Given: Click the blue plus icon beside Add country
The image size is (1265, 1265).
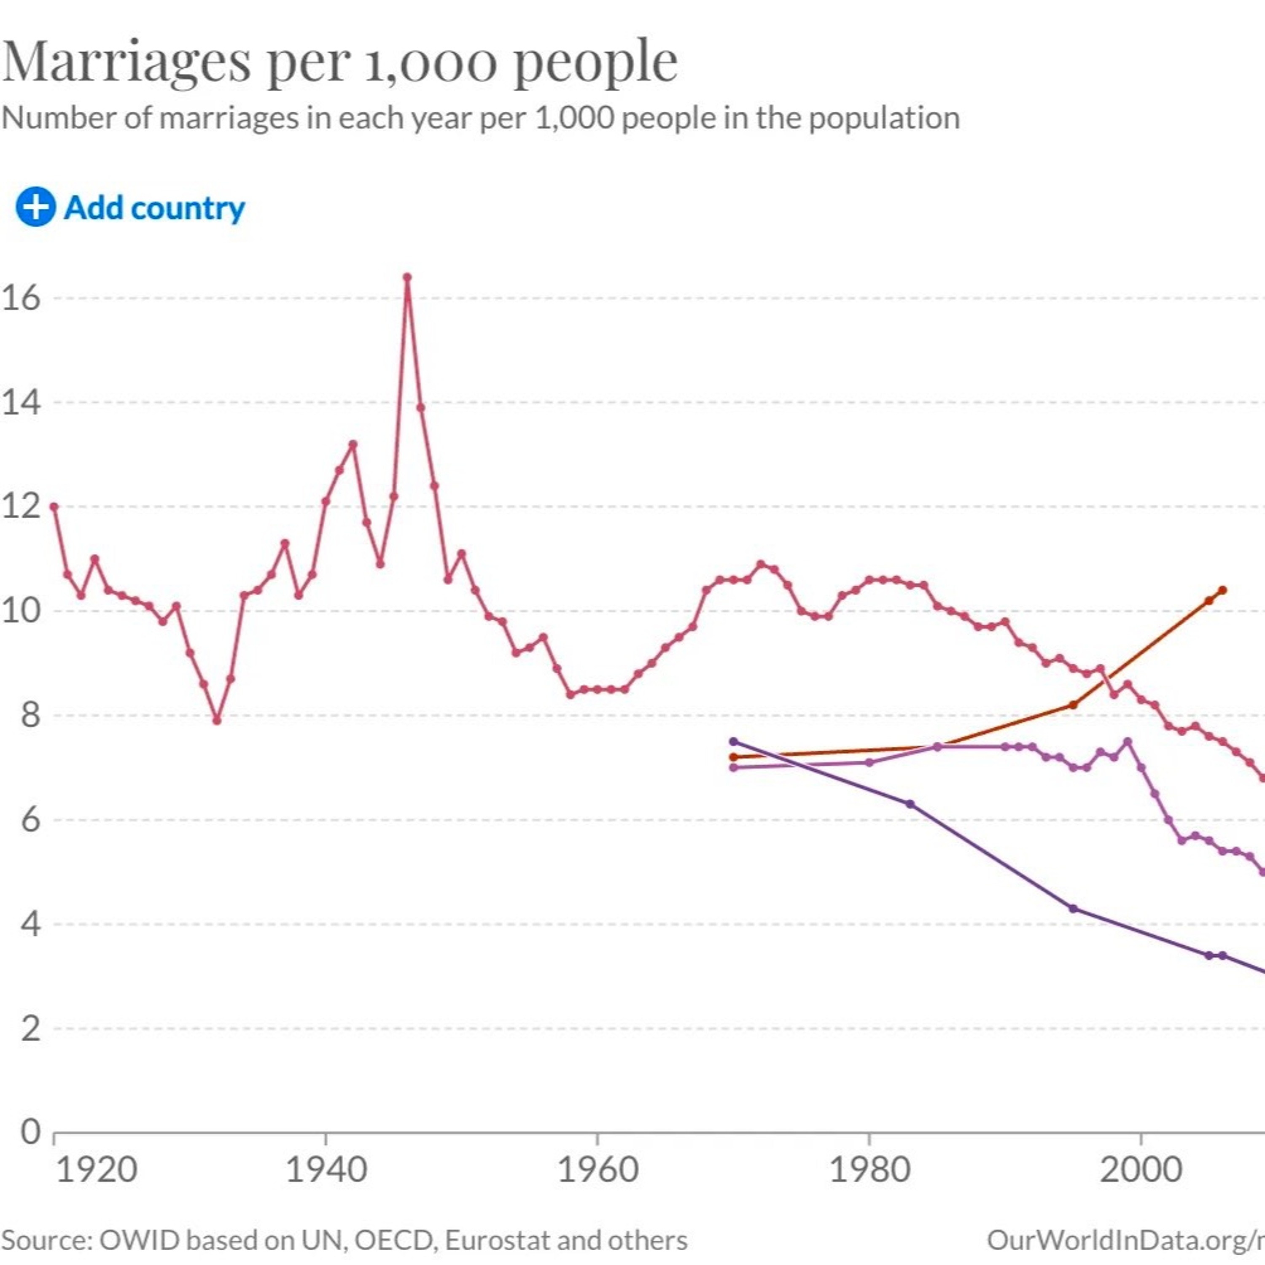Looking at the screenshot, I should point(35,207).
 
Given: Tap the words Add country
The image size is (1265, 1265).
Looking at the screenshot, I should point(154,208).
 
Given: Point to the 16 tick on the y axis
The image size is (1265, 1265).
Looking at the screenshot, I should point(21,299).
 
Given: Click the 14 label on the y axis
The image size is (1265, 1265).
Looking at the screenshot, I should point(21,402).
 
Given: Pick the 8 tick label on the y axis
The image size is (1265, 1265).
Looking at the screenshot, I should point(30,715).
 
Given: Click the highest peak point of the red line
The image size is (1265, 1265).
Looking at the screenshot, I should point(407,277).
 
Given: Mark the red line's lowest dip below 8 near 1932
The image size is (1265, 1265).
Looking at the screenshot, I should point(217,720).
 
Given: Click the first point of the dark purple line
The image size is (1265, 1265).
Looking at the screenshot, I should point(733,741).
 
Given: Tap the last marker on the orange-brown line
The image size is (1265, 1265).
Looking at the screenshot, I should point(1222,590).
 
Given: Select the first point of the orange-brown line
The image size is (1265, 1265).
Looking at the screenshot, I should point(733,757).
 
